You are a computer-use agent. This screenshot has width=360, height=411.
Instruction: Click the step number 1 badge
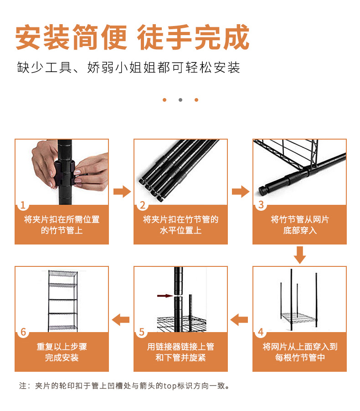pyautogui.click(x=23, y=205)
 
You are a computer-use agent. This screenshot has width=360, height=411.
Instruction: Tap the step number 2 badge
pyautogui.click(x=143, y=205)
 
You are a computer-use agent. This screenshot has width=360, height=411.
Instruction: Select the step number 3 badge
pyautogui.click(x=261, y=205)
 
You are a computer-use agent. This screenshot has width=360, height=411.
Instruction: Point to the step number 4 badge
pyautogui.click(x=261, y=332)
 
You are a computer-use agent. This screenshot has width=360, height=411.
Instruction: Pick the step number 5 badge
pyautogui.click(x=142, y=332)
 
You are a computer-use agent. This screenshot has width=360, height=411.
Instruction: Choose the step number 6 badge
pyautogui.click(x=23, y=332)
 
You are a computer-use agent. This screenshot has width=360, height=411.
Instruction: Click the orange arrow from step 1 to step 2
pyautogui.click(x=122, y=192)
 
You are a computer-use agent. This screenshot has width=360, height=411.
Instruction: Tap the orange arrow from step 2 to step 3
pyautogui.click(x=241, y=192)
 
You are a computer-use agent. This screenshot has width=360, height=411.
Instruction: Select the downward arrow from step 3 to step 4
pyautogui.click(x=300, y=255)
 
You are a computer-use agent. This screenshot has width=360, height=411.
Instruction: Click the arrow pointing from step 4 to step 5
pyautogui.click(x=239, y=319)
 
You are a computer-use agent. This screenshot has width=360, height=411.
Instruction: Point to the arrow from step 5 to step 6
pyautogui.click(x=121, y=319)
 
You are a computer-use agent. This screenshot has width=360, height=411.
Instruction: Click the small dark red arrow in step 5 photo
pyautogui.click(x=165, y=296)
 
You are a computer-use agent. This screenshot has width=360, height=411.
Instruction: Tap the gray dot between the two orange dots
pyautogui.click(x=180, y=100)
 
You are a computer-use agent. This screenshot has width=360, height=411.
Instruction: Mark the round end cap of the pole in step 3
pyautogui.click(x=262, y=191)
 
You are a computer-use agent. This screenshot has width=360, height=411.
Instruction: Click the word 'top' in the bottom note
pyautogui.click(x=170, y=386)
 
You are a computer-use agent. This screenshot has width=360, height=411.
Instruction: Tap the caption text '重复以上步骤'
pyautogui.click(x=62, y=347)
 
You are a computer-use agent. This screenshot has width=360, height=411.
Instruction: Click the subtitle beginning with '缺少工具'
pyautogui.click(x=129, y=68)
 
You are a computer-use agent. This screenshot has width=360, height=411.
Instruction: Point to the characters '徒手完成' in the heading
pyautogui.click(x=193, y=37)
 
